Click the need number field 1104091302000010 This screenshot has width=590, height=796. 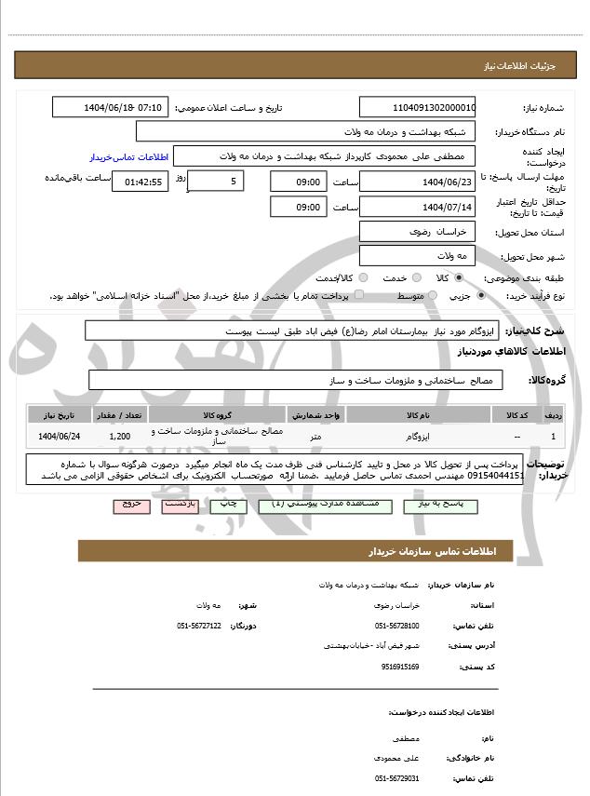coord(418,107)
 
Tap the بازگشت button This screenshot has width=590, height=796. coord(181,505)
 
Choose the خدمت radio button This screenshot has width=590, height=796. coord(416,278)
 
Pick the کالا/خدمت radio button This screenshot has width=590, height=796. coord(363,278)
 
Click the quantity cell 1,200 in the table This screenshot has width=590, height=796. coord(119,436)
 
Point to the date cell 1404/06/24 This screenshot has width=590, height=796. coord(60,436)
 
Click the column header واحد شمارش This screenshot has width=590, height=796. coord(316,413)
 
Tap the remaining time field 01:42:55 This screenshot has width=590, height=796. coord(141,182)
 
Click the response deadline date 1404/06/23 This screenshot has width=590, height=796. coord(418,182)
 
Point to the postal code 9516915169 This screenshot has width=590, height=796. coord(399,667)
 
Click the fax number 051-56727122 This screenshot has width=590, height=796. coord(199,626)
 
